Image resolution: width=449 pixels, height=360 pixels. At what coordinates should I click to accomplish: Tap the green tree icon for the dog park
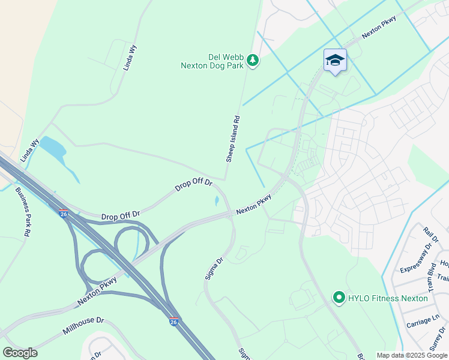(253, 60)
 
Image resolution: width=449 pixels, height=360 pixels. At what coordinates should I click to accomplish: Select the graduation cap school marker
(335, 60)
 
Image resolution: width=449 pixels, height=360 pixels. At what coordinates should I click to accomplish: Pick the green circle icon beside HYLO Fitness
(339, 298)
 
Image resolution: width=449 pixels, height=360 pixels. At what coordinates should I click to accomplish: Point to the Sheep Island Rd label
(233, 139)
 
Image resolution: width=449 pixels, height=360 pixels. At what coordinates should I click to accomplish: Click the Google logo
(20, 353)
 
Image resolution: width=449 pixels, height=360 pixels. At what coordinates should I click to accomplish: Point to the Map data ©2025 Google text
(412, 355)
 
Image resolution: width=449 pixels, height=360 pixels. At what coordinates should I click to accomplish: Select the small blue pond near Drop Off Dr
(216, 201)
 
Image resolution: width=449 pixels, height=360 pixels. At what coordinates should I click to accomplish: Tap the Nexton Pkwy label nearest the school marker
(379, 28)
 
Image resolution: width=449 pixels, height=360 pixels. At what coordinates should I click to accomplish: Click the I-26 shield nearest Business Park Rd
(64, 213)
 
